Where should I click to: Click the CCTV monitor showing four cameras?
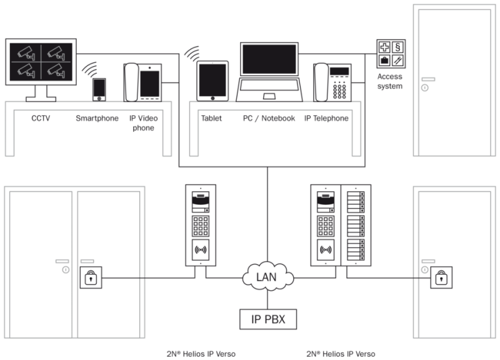tap(41, 61)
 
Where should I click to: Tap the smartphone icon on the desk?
tap(99, 90)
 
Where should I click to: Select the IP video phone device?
tap(142, 82)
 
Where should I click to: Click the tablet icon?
tap(212, 81)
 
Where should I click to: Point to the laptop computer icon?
tap(269, 73)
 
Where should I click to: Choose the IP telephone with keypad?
tap(333, 83)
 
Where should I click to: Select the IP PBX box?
tap(268, 319)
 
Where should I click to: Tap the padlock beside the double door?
tap(91, 277)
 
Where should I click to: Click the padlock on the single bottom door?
tap(441, 277)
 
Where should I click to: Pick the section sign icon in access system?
tap(397, 47)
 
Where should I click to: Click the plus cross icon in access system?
tap(385, 47)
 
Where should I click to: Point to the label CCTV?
tap(41, 119)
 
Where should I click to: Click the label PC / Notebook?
tap(269, 119)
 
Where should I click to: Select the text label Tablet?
tap(211, 119)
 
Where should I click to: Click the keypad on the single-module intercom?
tap(200, 225)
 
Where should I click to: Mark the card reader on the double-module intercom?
tap(327, 251)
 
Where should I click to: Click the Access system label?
tap(390, 81)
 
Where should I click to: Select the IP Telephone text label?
tap(326, 119)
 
